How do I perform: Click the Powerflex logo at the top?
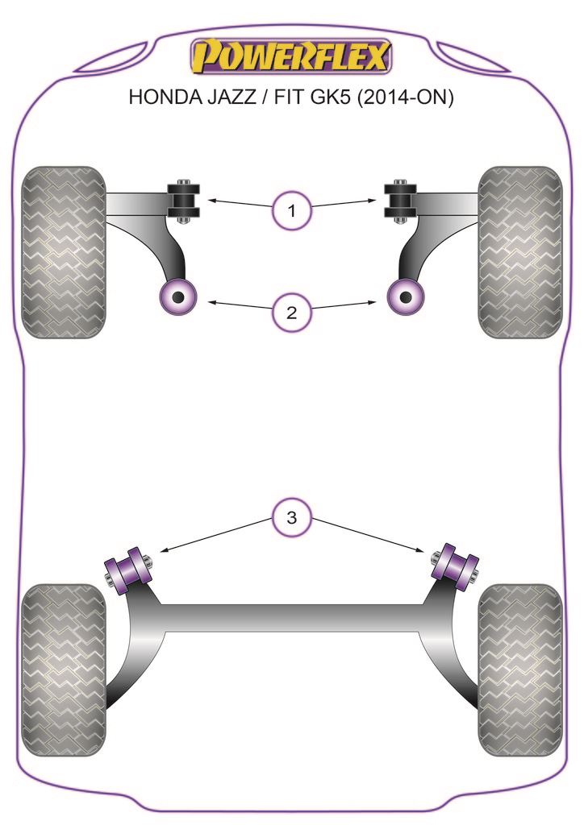291,57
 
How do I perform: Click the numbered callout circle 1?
291,212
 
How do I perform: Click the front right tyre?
519,252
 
